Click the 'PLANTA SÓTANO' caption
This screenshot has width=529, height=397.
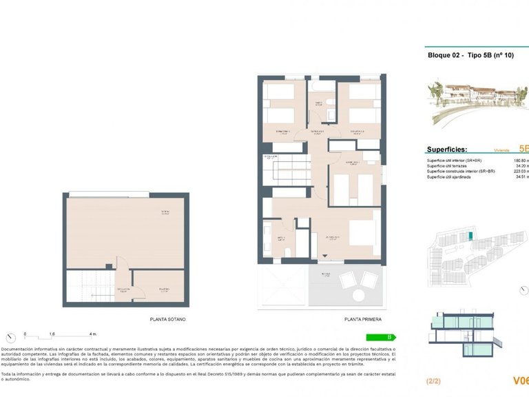pos(167,320)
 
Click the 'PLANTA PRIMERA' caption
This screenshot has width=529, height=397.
pos(362,320)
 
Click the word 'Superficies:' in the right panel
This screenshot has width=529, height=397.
pos(447,149)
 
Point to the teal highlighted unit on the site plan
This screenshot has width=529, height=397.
pos(470,236)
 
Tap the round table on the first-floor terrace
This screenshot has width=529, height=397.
pos(359,294)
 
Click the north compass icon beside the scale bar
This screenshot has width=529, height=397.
pos(10,337)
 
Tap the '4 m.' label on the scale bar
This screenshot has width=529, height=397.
pos(92,334)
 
